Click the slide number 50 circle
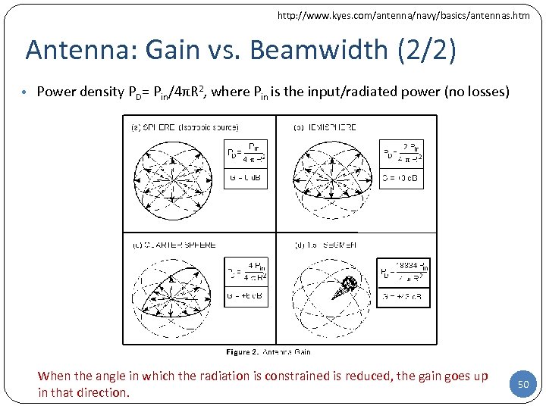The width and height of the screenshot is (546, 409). click(x=522, y=385)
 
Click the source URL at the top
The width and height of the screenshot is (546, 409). click(x=403, y=15)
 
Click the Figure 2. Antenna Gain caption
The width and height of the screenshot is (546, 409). click(x=268, y=351)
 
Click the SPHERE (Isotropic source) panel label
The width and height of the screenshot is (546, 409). click(x=185, y=127)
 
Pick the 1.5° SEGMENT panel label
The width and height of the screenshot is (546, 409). click(x=325, y=245)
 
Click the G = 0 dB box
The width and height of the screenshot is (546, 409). click(x=246, y=180)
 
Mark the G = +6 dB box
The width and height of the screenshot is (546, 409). click(x=246, y=295)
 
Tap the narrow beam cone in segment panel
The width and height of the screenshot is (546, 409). click(x=347, y=286)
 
